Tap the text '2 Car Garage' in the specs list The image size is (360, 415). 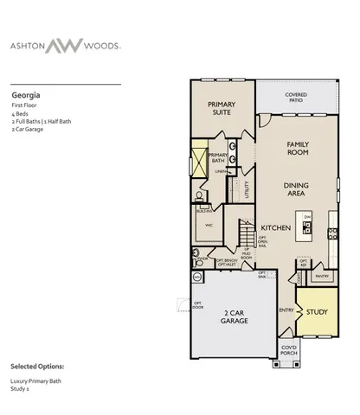28,130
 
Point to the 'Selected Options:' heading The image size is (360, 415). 36,366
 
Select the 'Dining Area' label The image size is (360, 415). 297,188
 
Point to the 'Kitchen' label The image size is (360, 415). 274,228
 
